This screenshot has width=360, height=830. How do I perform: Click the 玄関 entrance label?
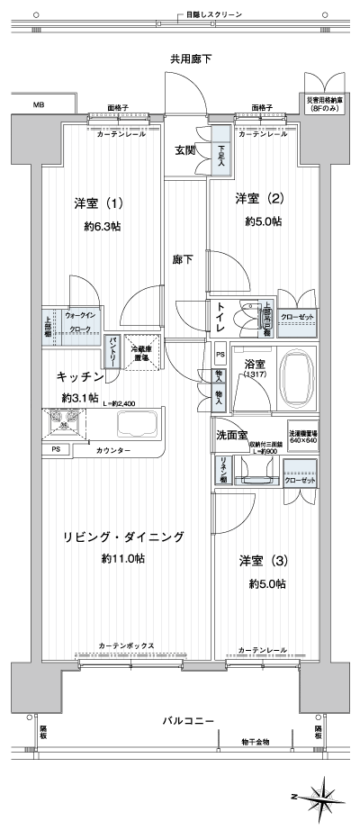tap(186, 150)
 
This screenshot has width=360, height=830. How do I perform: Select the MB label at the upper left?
tap(39, 105)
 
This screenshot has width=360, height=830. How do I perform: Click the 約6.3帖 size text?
tap(103, 226)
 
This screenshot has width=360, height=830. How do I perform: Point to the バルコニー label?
tap(188, 721)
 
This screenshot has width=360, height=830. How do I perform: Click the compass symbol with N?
tap(318, 796)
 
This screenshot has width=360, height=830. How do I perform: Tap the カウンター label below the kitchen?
tap(112, 449)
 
